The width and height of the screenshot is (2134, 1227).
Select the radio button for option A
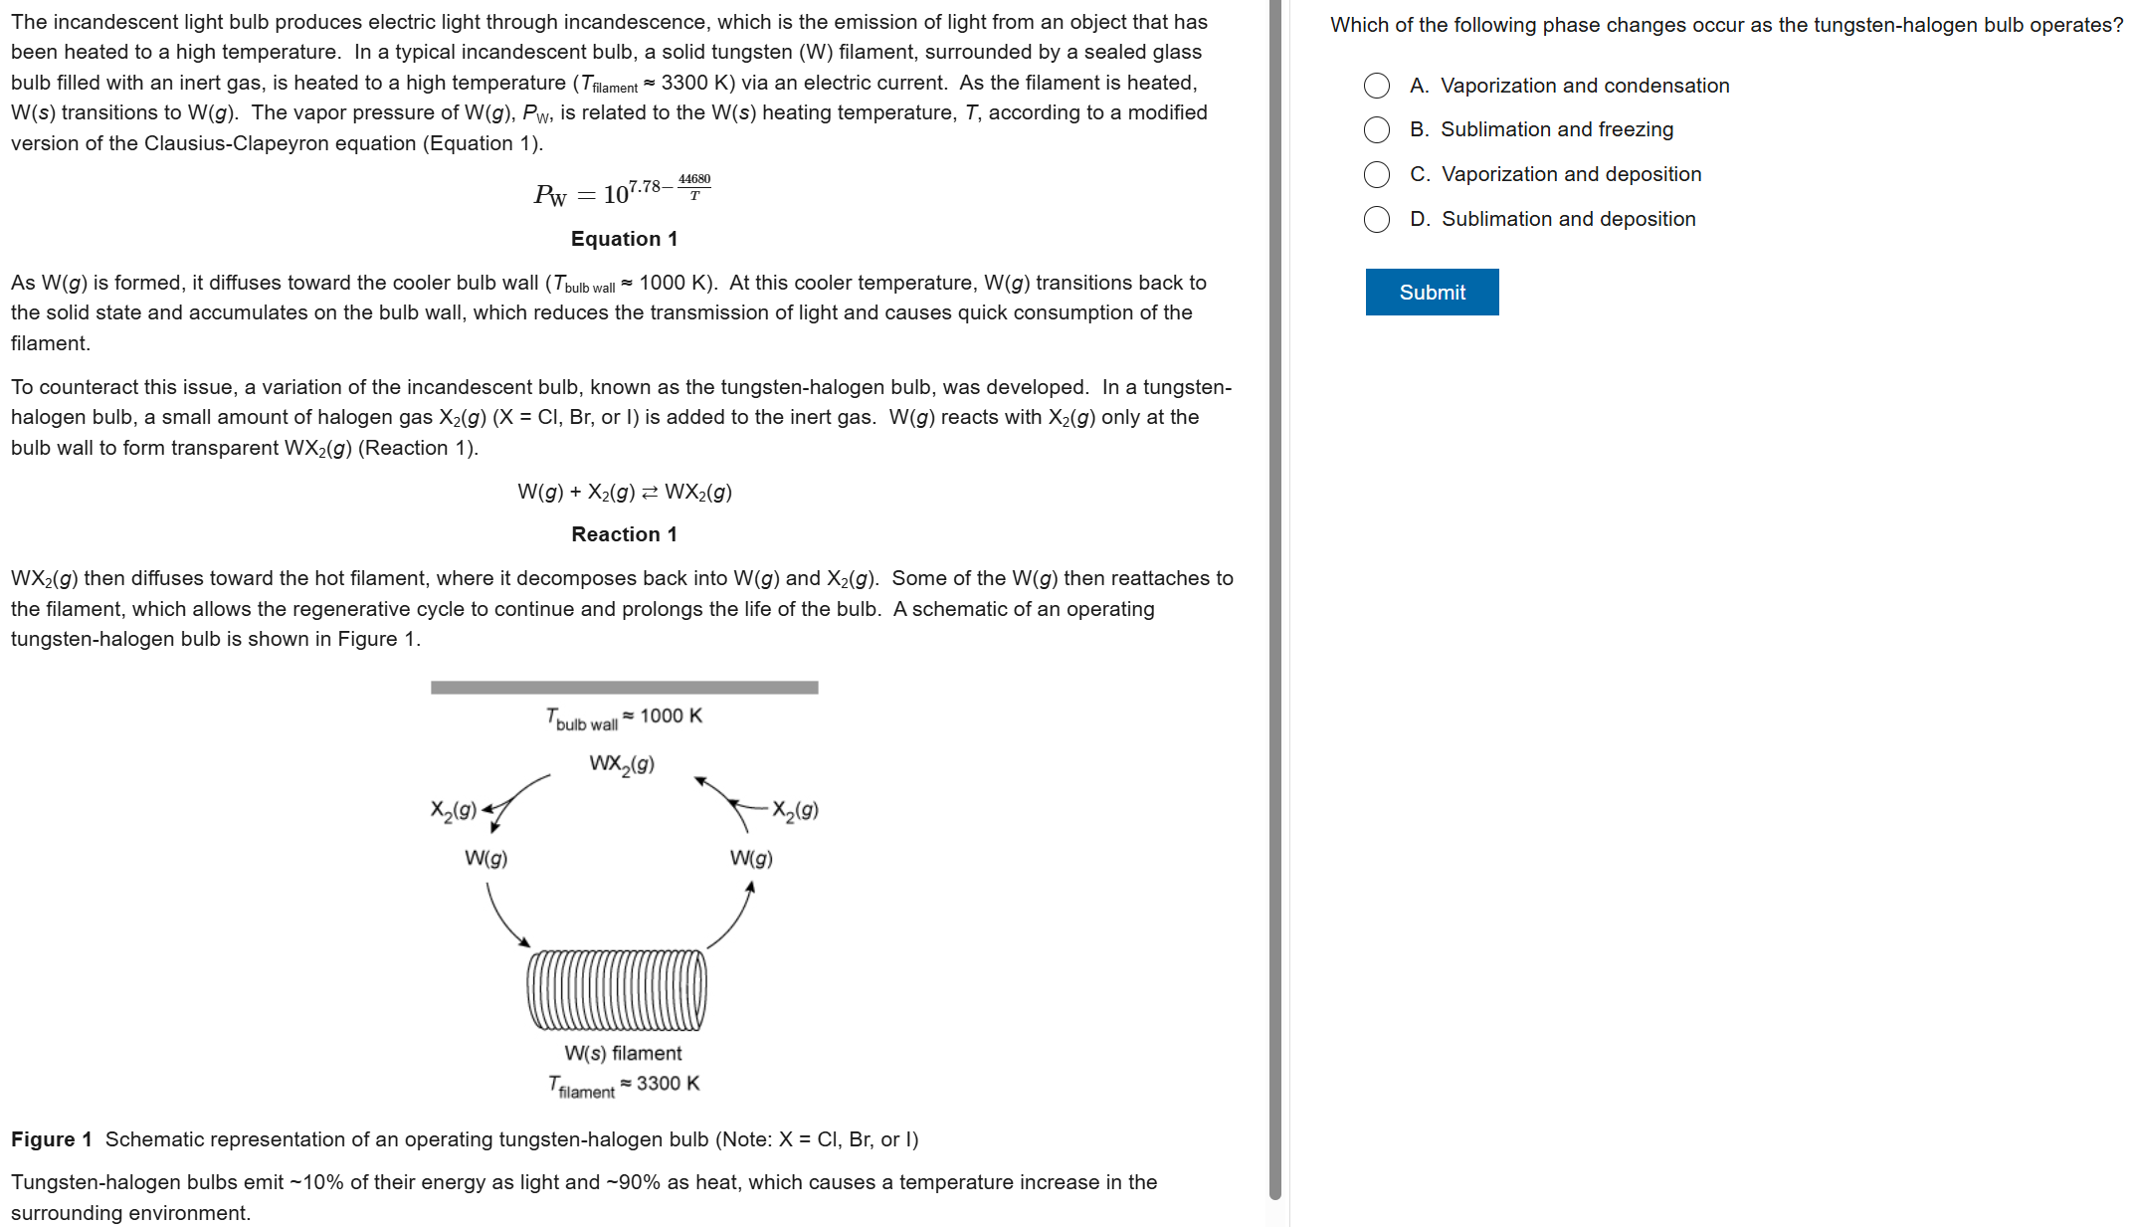click(x=1377, y=86)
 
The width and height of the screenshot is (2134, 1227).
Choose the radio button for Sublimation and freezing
click(x=1377, y=129)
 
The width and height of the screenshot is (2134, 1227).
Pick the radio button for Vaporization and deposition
click(x=1377, y=174)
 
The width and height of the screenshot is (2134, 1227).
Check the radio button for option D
click(x=1377, y=219)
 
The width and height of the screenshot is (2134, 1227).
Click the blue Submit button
click(x=1432, y=293)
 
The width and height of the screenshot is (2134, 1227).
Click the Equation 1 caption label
click(x=624, y=239)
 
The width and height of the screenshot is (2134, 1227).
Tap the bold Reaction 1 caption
click(x=624, y=534)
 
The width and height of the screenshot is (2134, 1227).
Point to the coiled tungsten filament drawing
click(x=617, y=990)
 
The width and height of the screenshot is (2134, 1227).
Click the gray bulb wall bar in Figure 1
click(x=624, y=688)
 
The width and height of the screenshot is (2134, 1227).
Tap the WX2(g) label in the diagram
click(x=622, y=764)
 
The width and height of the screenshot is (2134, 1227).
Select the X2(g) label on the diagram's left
click(x=454, y=810)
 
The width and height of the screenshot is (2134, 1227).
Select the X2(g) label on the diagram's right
click(x=795, y=810)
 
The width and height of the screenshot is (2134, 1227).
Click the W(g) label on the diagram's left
click(x=486, y=858)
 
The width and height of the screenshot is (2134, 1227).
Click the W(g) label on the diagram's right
click(x=751, y=858)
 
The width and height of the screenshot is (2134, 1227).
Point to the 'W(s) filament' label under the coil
click(x=623, y=1053)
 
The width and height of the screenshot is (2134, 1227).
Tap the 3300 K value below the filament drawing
click(x=668, y=1083)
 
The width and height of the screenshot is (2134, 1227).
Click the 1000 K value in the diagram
click(x=671, y=716)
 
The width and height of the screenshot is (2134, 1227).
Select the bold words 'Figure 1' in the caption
click(x=52, y=1139)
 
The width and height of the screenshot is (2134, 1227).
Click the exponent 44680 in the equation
click(x=694, y=179)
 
